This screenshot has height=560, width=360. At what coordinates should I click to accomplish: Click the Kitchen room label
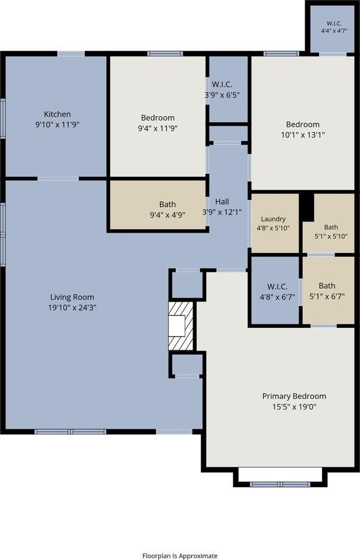[x=57, y=114]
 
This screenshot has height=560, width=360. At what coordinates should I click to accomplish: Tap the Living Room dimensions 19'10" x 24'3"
[x=72, y=307]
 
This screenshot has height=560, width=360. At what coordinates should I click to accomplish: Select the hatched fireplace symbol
[x=181, y=326]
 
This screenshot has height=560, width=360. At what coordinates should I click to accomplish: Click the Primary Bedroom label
[x=294, y=396]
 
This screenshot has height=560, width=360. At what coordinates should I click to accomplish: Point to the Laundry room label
[x=273, y=219]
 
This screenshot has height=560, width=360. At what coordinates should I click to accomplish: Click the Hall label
[x=222, y=201]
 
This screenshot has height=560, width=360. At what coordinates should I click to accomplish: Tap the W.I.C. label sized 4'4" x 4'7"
[x=334, y=23]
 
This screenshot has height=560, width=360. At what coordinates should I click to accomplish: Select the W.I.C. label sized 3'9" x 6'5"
[x=222, y=85]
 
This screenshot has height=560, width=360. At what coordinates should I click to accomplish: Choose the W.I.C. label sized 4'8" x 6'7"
[x=277, y=286]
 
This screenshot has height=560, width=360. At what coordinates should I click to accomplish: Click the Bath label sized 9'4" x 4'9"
[x=167, y=204]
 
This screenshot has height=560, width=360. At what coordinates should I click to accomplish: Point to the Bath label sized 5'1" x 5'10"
[x=331, y=227]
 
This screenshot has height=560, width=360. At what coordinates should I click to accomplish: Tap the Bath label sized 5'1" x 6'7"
[x=327, y=286]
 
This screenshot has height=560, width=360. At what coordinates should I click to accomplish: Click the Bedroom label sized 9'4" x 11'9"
[x=158, y=117]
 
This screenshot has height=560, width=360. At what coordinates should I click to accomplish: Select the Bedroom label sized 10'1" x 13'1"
[x=302, y=124]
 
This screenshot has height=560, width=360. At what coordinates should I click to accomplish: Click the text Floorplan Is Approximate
[x=180, y=556]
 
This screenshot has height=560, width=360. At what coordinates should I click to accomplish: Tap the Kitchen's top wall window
[x=71, y=54]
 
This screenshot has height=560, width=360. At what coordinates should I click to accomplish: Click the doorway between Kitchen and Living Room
[x=58, y=178]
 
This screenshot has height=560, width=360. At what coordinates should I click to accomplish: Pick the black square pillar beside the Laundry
[x=306, y=206]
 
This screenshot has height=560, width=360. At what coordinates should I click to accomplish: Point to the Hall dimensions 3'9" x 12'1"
[x=222, y=212]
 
